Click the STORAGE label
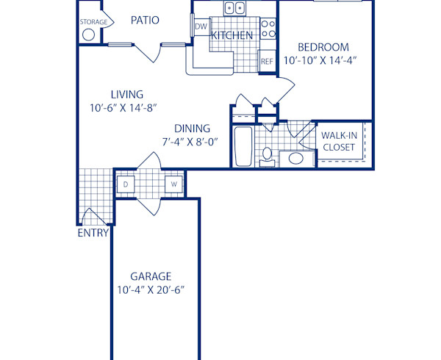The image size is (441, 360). [93, 22]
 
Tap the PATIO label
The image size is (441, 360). [145, 20]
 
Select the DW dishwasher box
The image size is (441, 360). [201, 27]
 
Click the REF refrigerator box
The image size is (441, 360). [267, 62]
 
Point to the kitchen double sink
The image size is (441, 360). [235, 8]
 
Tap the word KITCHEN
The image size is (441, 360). [232, 35]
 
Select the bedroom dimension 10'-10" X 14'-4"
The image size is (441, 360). [320, 62]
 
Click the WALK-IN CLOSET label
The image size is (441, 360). [340, 141]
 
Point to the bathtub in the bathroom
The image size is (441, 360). [242, 147]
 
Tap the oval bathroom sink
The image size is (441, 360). [297, 158]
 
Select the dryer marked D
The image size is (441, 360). [126, 184]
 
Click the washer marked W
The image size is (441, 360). [174, 184]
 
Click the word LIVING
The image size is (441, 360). [127, 94]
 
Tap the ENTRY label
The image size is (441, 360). [93, 234]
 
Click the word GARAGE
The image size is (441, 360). [151, 276]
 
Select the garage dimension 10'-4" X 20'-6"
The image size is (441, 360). [151, 289]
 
